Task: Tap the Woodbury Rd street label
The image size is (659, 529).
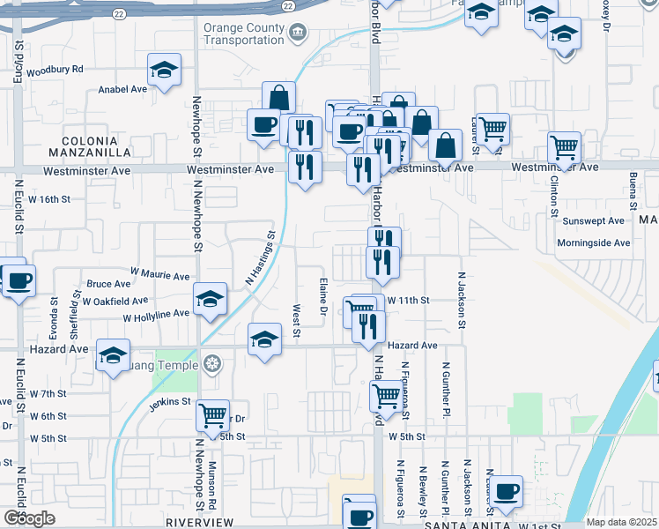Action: (x=55, y=70)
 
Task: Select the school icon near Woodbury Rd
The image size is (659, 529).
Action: (x=164, y=71)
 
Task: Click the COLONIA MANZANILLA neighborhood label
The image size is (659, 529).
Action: (x=90, y=146)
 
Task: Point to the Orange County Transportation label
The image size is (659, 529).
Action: (x=244, y=34)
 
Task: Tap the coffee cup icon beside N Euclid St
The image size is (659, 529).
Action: (x=19, y=281)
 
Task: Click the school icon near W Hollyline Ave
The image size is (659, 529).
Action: (x=210, y=301)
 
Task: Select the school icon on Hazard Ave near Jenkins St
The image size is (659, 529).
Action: (x=113, y=355)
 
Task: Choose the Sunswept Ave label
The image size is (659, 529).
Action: (x=593, y=221)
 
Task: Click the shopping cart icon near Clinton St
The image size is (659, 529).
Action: (x=564, y=147)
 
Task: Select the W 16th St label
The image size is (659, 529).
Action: (x=49, y=199)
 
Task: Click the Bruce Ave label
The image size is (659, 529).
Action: (x=108, y=284)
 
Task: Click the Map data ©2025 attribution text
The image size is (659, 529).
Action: (x=622, y=522)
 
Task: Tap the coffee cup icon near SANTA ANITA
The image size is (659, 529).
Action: (x=506, y=491)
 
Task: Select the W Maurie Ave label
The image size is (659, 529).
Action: (x=159, y=276)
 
